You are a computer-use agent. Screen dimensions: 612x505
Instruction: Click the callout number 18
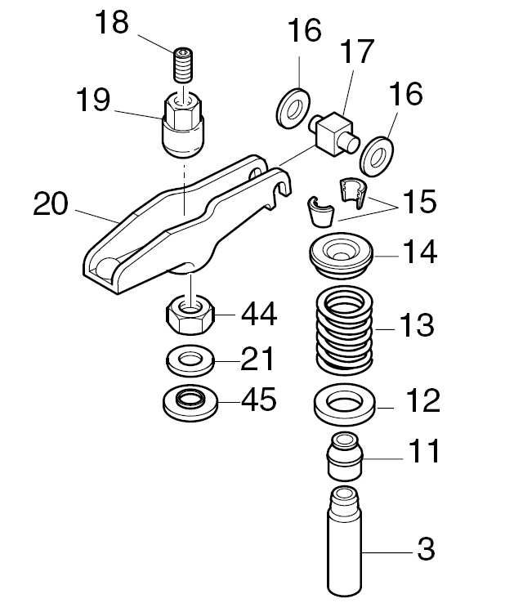[112, 23]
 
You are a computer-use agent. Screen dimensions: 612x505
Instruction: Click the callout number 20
[51, 204]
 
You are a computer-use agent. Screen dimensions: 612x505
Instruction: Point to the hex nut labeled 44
[190, 312]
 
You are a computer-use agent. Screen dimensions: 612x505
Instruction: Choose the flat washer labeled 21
[190, 358]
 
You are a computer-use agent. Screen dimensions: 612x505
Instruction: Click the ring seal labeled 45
[190, 400]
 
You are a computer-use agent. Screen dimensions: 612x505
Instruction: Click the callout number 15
[418, 201]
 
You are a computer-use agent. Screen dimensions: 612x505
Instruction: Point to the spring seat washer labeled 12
[344, 403]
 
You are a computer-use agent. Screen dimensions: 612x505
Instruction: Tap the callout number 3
[426, 550]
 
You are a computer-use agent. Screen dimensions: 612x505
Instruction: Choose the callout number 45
[258, 400]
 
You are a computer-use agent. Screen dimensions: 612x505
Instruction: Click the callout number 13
[417, 328]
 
